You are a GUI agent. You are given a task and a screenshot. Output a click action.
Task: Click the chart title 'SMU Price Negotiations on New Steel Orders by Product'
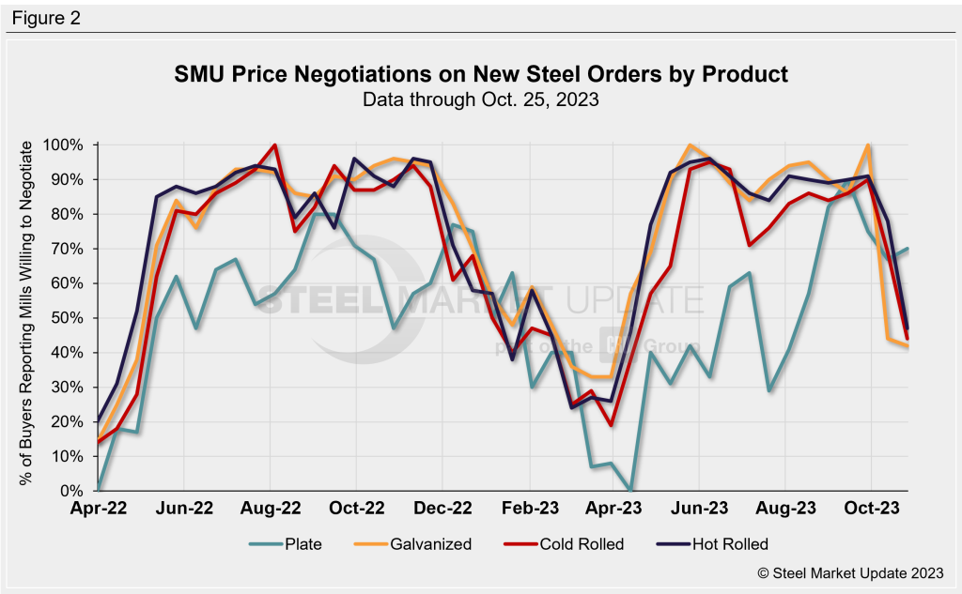point(481,74)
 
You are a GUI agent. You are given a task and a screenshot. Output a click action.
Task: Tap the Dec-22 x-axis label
point(442,509)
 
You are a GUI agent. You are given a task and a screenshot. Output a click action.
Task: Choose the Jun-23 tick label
point(700,509)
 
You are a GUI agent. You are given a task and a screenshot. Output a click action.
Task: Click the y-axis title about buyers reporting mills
point(25,312)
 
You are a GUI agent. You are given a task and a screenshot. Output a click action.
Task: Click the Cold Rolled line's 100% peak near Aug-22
point(273,145)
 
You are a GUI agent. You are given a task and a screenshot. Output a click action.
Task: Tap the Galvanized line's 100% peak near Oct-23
point(868,145)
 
